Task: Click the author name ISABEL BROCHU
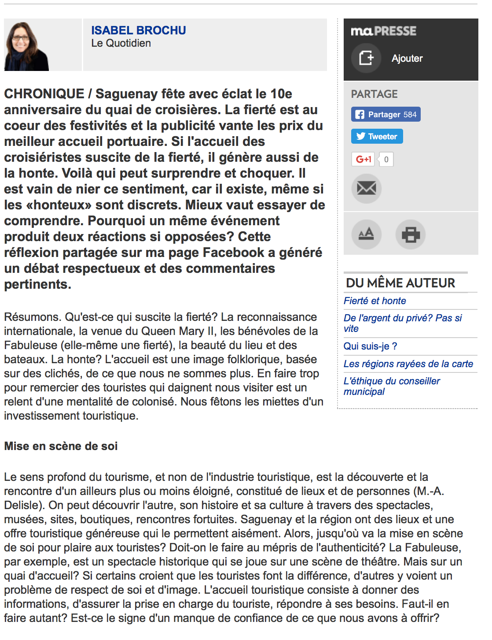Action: pos(138,30)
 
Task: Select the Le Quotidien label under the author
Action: pos(121,43)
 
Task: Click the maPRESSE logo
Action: pos(383,31)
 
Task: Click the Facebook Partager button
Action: pos(386,115)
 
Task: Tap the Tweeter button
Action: pos(377,136)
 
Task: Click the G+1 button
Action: pos(363,159)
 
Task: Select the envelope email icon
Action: pos(366,189)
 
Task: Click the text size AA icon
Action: pos(366,234)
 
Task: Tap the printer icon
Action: pos(410,234)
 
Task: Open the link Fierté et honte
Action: pos(375,301)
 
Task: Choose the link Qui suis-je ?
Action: pos(370,346)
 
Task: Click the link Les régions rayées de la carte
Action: pos(408,364)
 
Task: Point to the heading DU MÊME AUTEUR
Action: pos(400,283)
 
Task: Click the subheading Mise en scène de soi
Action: pos(61,447)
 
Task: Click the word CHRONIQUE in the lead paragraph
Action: pos(44,94)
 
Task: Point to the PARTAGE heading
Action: pos(374,94)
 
